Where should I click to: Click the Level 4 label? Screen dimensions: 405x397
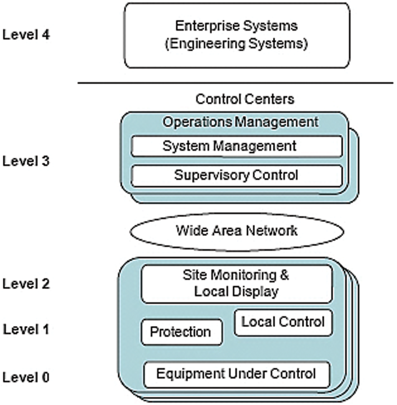(x=26, y=35)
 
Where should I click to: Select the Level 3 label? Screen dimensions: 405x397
(x=26, y=162)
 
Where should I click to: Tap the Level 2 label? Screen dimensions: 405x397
(x=26, y=284)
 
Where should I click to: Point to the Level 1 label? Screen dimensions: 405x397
(x=26, y=329)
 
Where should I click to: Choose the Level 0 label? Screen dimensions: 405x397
(x=26, y=377)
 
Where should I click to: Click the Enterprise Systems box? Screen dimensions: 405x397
(x=237, y=35)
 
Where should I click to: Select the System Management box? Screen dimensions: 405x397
(x=237, y=146)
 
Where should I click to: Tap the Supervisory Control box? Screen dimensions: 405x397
(x=237, y=175)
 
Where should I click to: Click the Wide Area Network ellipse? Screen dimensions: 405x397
(x=237, y=230)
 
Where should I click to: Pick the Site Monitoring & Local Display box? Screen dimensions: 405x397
(x=237, y=283)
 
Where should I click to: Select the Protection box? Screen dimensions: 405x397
(x=182, y=332)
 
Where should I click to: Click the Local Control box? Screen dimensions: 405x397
(x=283, y=322)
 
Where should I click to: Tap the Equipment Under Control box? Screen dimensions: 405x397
(x=237, y=374)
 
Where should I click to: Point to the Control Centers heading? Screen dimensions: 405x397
(x=245, y=99)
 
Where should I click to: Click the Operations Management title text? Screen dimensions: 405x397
(x=240, y=122)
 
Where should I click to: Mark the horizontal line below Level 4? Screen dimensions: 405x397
(x=235, y=83)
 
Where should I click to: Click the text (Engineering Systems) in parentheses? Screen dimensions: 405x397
(x=236, y=43)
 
